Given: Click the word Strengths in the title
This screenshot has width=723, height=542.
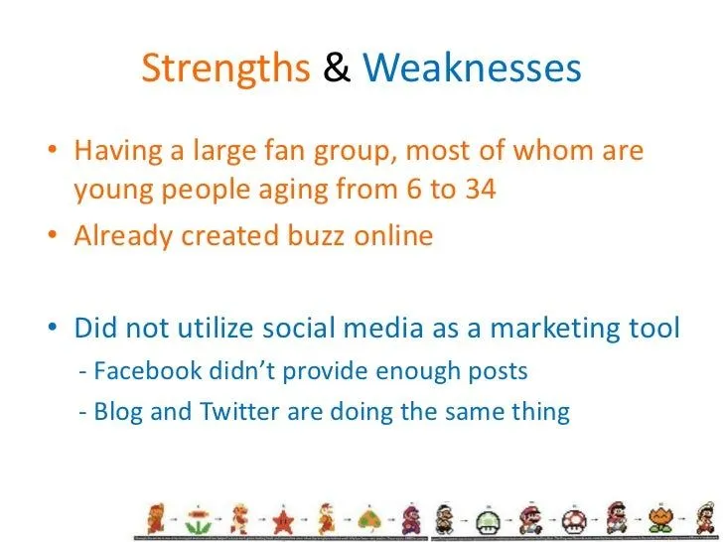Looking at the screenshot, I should click(x=226, y=68).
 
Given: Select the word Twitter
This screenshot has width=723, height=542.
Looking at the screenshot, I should click(x=243, y=411).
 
